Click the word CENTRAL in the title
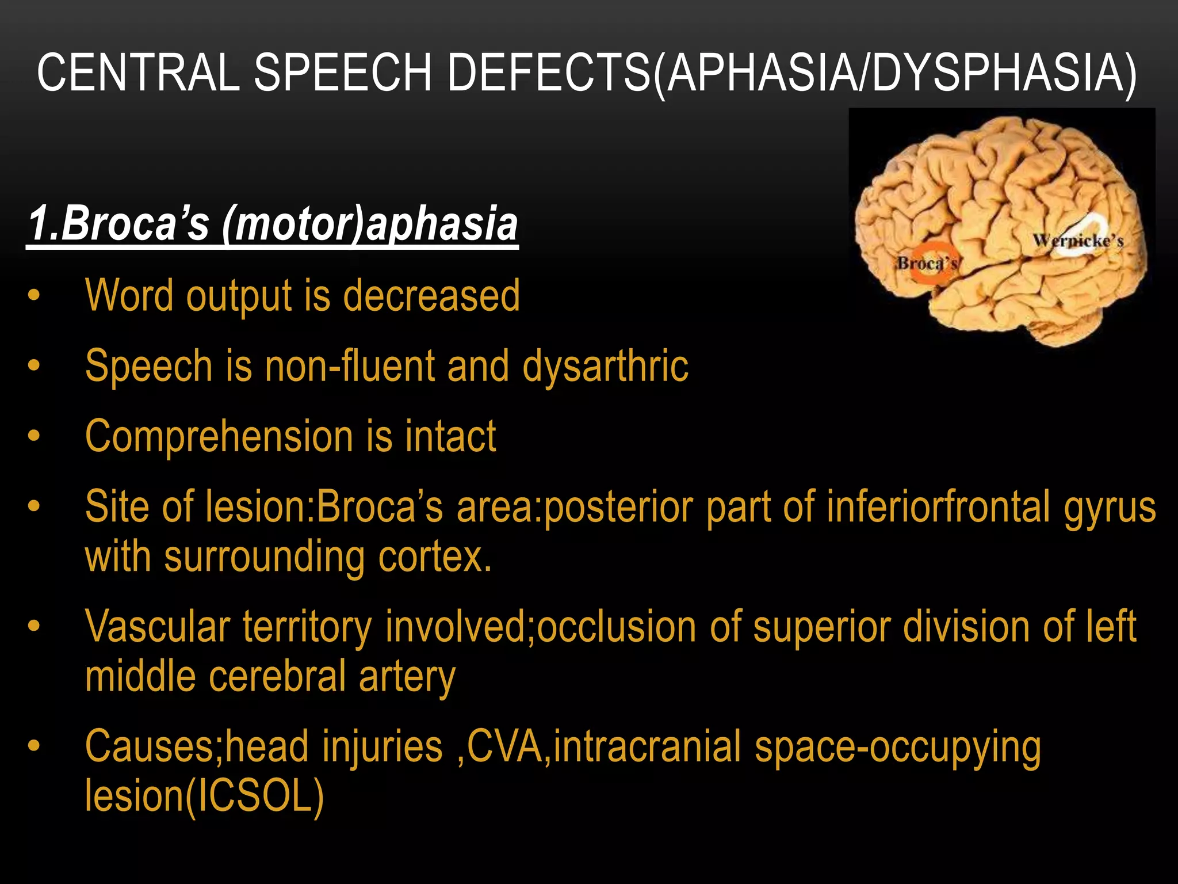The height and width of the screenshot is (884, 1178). tap(138, 73)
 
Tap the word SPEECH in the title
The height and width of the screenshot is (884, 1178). tap(343, 73)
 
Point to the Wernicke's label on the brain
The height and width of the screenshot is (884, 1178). tap(1078, 241)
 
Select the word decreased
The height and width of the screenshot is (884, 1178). tap(431, 296)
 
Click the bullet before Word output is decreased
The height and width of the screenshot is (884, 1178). tap(34, 296)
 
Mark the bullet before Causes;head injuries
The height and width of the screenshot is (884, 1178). tap(34, 746)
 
